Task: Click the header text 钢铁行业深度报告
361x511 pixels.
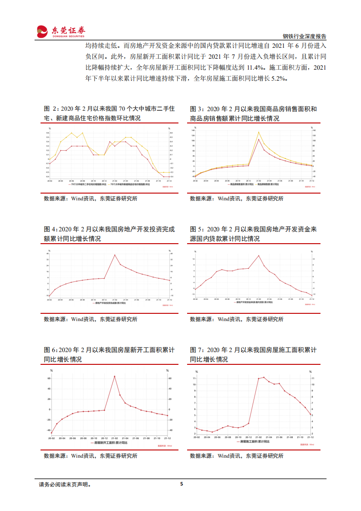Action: pos(304,36)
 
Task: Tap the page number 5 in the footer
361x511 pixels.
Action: pos(181,484)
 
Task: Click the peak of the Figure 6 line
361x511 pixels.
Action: pos(114,376)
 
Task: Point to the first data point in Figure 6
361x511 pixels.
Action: pos(51,433)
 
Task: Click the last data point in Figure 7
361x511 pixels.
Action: pos(311,414)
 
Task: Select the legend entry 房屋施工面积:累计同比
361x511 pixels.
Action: pos(254,441)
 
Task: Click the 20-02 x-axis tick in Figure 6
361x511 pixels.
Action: pos(50,438)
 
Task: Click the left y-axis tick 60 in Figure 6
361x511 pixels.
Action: pos(48,378)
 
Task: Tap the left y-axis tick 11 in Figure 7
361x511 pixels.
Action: pos(194,378)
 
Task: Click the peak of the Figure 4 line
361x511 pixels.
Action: pos(115,255)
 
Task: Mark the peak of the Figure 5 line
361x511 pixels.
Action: pos(259,255)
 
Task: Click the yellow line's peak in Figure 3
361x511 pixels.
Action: pos(259,132)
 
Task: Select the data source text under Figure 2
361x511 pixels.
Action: pos(90,199)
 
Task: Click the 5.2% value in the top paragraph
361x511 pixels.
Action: pos(278,78)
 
